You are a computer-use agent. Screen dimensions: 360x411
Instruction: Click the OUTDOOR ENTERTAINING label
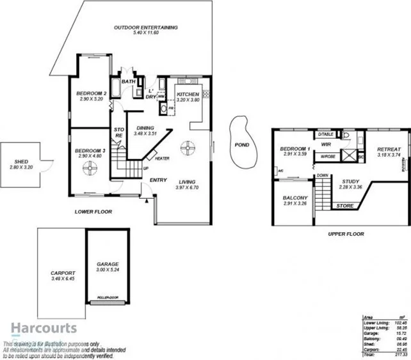pos(145,27)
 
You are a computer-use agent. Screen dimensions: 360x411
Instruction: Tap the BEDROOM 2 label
pos(91,93)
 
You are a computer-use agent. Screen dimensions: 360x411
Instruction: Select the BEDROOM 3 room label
pos(91,150)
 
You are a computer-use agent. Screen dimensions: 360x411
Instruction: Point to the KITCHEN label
pos(188,95)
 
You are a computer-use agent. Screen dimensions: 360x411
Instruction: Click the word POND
pos(242,144)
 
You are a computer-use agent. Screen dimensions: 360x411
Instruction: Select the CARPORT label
pos(63,273)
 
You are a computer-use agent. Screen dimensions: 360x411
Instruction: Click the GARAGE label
pos(107,263)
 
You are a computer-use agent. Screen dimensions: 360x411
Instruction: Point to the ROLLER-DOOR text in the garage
pos(107,298)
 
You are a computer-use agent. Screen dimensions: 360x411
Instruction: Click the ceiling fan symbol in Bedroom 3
pos(89,168)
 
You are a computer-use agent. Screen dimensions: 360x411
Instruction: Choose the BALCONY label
pos(296,198)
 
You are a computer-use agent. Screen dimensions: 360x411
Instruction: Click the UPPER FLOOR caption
pos(346,234)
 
